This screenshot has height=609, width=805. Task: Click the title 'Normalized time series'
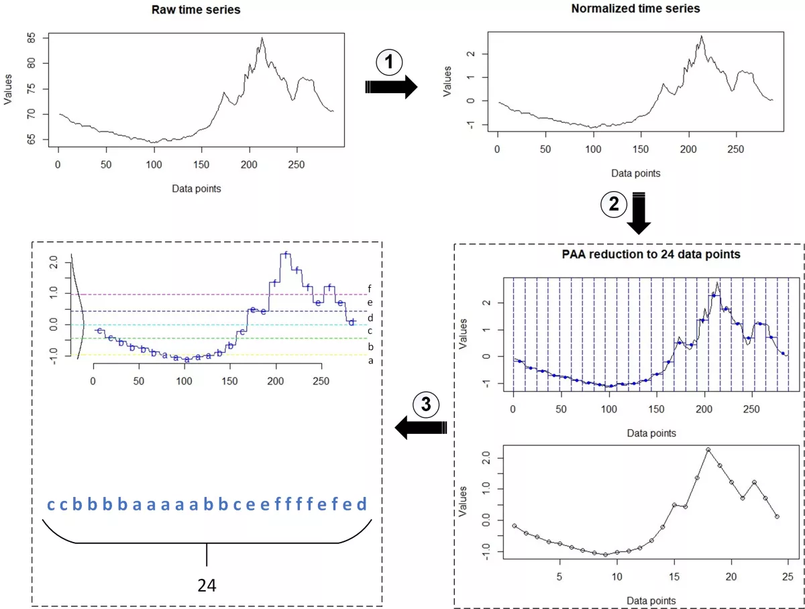click(635, 9)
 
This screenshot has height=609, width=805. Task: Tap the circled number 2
click(613, 205)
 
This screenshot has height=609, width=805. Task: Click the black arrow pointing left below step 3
click(421, 427)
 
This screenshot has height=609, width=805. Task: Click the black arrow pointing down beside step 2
click(639, 213)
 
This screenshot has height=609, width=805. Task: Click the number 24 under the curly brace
click(207, 586)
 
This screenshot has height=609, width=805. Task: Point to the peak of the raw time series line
click(262, 38)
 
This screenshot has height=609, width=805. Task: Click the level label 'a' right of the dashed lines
click(370, 361)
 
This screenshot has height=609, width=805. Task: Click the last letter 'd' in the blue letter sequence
click(362, 504)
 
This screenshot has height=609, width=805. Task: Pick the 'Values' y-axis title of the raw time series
click(9, 89)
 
